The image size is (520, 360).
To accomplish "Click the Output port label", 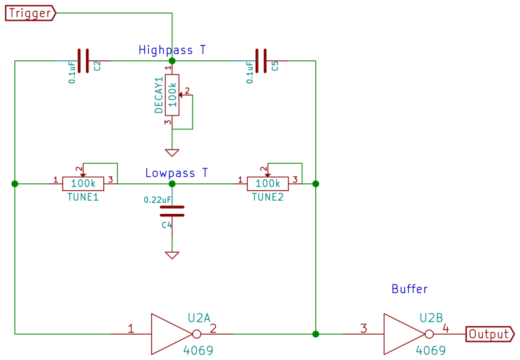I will (489, 334).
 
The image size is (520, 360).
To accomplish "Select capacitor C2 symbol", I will (83, 61).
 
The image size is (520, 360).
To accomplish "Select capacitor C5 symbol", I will (261, 61).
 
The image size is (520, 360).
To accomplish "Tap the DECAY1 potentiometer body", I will (172, 95).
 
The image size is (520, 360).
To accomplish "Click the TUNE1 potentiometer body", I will (83, 184).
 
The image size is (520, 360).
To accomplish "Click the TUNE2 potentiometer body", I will (267, 184).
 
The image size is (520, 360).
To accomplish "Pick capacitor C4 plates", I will (172, 211).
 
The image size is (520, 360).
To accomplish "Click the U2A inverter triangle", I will (171, 334).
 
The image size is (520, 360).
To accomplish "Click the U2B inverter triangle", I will (403, 334).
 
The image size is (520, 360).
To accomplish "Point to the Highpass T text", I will (172, 49).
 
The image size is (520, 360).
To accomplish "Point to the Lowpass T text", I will (176, 173).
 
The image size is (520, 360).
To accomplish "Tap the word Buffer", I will (409, 289).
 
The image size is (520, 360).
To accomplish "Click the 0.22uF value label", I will (158, 199).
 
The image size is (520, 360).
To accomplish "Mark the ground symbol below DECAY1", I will (172, 153).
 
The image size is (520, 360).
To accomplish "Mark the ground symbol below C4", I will (172, 255).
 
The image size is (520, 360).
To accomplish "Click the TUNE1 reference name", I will (83, 197).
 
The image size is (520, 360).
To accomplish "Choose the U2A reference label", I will (199, 318).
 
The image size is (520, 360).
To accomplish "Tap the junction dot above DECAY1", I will (172, 61).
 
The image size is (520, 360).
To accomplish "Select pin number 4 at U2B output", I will (446, 328).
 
